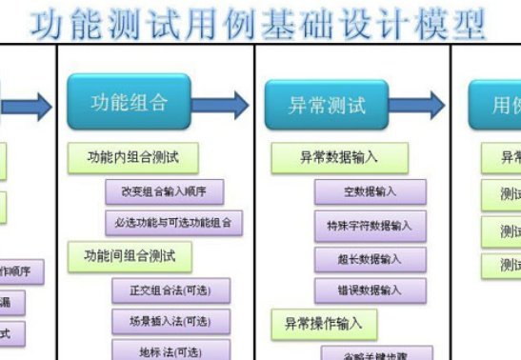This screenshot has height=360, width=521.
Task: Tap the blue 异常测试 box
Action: coord(327,105)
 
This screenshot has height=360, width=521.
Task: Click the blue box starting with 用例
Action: coord(494,105)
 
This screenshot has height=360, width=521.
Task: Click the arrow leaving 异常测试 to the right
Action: coord(424,105)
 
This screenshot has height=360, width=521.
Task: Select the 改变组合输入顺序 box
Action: coord(165,190)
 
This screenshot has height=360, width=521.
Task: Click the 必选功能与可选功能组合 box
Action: coord(173,224)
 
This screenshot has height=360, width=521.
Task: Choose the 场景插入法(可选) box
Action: coord(171,321)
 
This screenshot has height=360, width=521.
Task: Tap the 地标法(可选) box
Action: coord(171,350)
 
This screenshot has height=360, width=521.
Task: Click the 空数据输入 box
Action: coord(370,191)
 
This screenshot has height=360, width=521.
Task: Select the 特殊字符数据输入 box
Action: coord(370,226)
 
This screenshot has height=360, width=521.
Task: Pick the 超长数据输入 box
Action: coord(370,258)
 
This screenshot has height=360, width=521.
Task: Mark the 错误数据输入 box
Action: coord(370,290)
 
